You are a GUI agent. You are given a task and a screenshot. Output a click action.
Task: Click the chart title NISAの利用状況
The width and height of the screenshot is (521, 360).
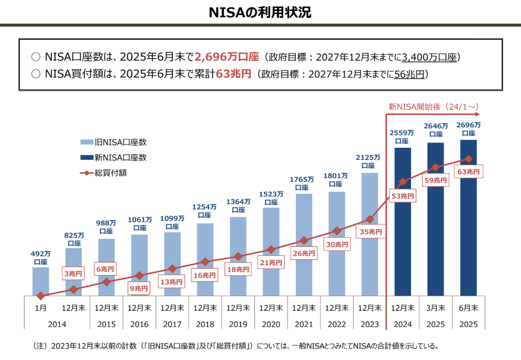click(260, 13)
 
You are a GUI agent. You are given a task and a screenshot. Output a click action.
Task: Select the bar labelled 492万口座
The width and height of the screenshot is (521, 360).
click(40, 281)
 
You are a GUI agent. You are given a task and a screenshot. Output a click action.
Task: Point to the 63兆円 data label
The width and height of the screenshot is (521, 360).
click(468, 171)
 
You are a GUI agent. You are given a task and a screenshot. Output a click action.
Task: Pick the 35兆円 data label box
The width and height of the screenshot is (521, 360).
click(370, 231)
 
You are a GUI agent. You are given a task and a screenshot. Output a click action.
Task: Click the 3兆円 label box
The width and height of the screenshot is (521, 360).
click(73, 273)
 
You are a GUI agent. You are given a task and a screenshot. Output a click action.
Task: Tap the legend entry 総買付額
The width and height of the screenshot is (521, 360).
click(110, 172)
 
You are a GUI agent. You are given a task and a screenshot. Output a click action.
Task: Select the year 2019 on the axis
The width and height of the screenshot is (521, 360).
click(238, 324)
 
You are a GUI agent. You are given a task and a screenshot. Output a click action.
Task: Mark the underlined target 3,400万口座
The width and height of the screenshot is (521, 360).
click(429, 57)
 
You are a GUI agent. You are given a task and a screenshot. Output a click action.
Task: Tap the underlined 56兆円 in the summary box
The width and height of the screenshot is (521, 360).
click(409, 74)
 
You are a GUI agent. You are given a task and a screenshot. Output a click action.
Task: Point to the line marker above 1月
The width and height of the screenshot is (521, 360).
click(41, 296)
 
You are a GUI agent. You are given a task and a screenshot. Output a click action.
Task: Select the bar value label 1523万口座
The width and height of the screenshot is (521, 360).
click(271, 198)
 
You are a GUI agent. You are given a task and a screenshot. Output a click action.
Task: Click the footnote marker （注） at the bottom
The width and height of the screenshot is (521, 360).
click(40, 346)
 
